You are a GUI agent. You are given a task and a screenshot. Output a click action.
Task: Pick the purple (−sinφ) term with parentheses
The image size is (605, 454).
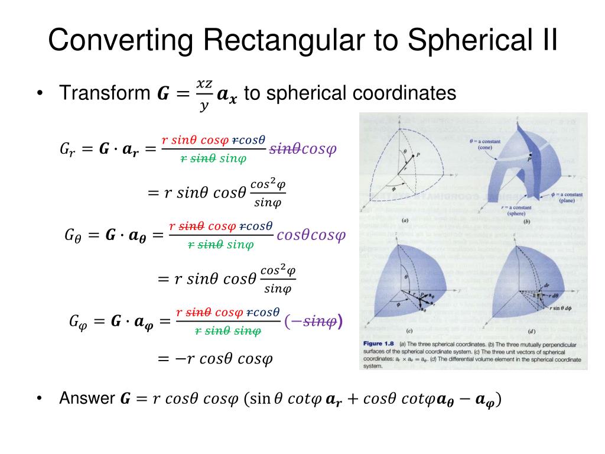pos(313,321)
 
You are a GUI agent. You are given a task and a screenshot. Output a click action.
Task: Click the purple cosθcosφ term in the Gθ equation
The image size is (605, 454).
pos(311,235)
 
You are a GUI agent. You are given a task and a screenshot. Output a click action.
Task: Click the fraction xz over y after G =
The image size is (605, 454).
pos(204,94)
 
